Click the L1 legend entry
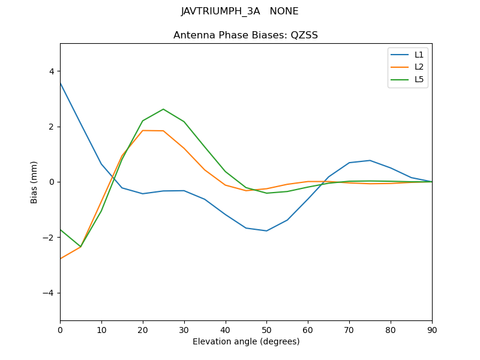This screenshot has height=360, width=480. tap(419, 55)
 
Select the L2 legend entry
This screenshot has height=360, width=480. tap(419, 67)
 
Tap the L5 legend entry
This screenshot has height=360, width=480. tap(419, 79)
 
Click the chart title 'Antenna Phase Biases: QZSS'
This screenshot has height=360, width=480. tap(245, 35)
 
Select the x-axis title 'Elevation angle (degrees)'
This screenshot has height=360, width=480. tap(245, 341)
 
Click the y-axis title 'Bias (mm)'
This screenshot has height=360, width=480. tap(34, 182)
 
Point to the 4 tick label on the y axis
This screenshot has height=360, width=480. tap(52, 71)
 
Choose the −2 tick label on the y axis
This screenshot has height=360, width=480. tap(49, 238)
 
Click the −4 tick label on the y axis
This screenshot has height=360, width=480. tap(49, 293)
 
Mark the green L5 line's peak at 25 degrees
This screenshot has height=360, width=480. tap(163, 109)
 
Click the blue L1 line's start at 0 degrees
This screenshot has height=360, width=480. tap(60, 83)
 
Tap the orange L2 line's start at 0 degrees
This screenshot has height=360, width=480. tap(60, 259)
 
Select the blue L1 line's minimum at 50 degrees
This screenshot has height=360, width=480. tap(266, 231)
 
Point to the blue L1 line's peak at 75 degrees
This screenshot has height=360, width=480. tap(370, 160)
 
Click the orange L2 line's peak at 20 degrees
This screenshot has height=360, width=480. tap(143, 130)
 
